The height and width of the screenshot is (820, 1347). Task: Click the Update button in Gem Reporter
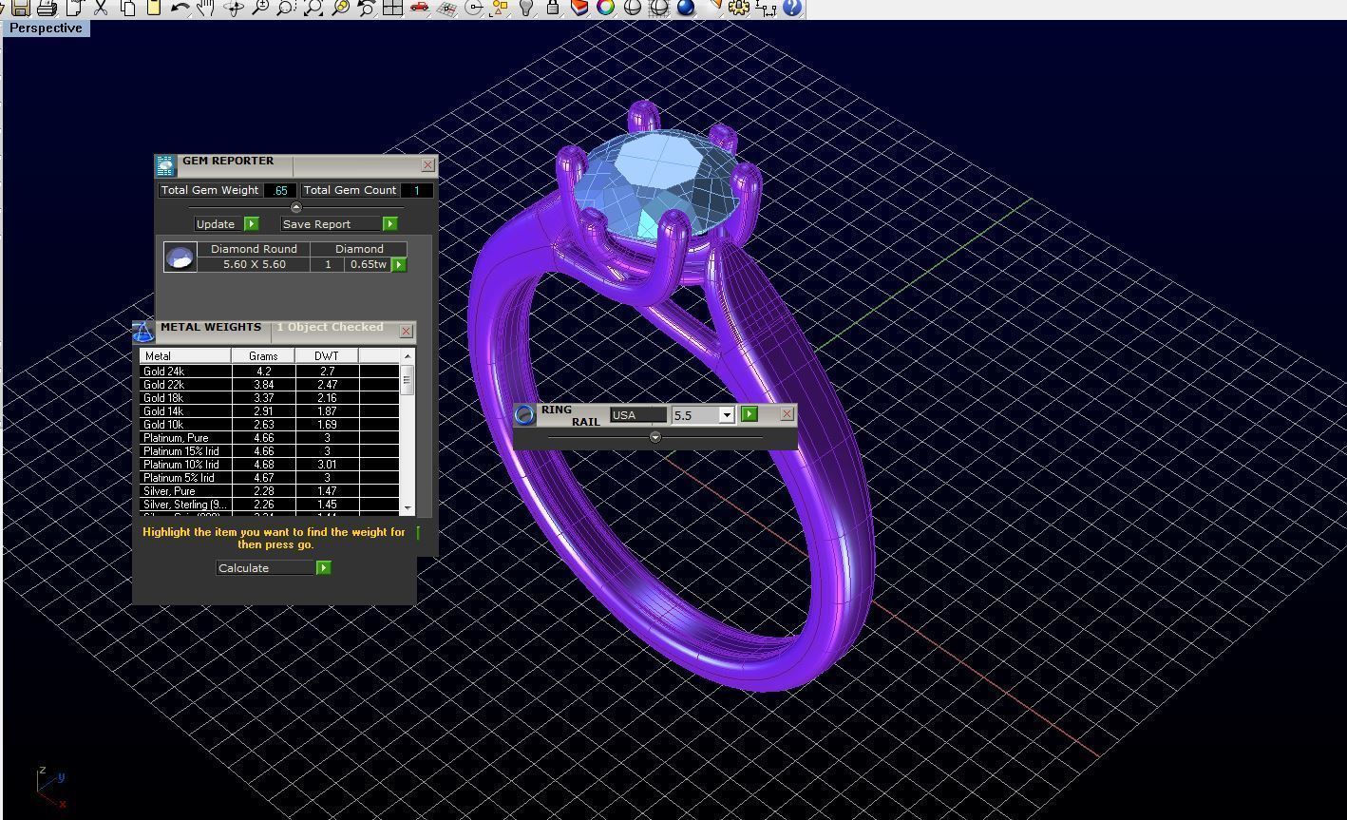click(x=216, y=224)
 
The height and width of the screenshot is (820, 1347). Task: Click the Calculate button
click(x=265, y=568)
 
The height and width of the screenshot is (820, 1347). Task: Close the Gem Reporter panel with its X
click(x=427, y=165)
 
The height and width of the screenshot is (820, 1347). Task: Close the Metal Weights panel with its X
click(x=406, y=332)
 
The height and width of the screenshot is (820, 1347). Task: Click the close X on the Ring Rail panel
click(x=787, y=414)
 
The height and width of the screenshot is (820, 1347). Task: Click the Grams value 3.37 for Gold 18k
click(x=263, y=398)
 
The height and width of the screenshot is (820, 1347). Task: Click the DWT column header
click(x=326, y=356)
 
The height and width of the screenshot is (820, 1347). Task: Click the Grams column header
click(x=263, y=356)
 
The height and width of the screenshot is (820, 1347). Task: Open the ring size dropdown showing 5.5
click(x=727, y=415)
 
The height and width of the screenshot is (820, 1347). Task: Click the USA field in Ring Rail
click(x=637, y=415)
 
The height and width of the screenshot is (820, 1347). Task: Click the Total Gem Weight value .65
click(x=279, y=191)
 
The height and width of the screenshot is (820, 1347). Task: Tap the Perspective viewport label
click(x=46, y=29)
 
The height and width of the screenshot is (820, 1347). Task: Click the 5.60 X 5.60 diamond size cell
click(x=254, y=264)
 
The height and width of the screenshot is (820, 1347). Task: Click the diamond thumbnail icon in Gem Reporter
click(x=180, y=257)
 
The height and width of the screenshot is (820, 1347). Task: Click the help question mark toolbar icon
click(x=792, y=9)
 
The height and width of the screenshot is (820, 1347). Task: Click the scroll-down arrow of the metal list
click(x=408, y=508)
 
